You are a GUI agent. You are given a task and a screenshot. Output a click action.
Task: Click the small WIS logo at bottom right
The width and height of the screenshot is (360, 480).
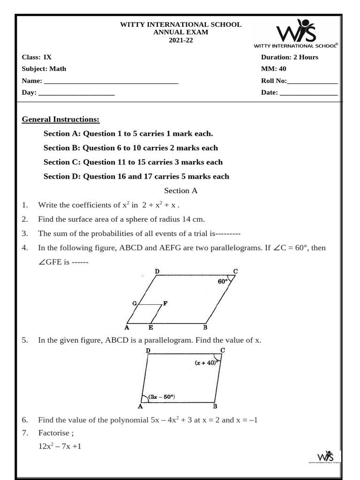pos(325,457)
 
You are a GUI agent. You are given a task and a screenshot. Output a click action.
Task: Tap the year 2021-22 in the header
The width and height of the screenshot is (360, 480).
pos(180,40)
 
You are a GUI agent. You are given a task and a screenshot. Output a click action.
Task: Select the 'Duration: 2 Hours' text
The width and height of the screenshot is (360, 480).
pos(289,57)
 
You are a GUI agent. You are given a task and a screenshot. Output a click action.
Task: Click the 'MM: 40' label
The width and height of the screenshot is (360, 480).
pos(273,69)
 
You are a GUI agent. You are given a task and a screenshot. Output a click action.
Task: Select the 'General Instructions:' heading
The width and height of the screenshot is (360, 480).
pos(60,119)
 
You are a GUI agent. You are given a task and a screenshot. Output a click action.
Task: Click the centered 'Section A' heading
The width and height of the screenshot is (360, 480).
pos(180,191)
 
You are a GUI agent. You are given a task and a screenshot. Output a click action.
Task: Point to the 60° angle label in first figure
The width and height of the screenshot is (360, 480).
pos(223,282)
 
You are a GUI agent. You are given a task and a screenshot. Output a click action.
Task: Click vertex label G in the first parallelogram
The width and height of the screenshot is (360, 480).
pos(134,303)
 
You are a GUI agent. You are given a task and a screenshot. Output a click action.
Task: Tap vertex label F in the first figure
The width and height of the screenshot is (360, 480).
pos(165,303)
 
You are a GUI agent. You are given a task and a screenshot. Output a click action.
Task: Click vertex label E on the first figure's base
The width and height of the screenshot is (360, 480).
pos(150,327)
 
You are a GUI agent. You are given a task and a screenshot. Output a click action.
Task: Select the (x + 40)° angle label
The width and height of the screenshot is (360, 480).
pos(205,362)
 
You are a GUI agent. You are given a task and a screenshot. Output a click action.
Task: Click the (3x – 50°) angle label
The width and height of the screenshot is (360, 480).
pos(161,397)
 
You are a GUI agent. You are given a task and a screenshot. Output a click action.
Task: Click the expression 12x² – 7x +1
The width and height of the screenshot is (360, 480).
pos(60,446)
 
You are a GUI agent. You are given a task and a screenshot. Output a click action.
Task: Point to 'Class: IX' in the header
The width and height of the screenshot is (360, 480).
pos(37,57)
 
